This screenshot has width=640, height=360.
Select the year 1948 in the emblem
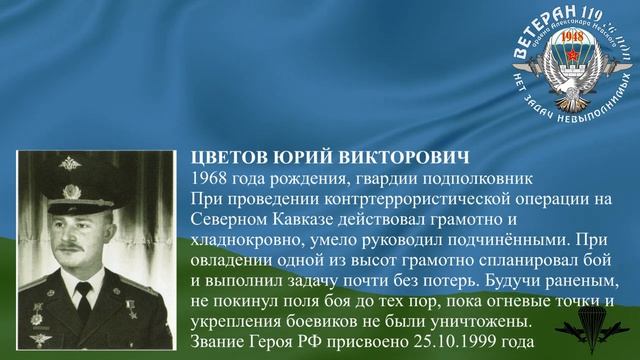click(x=573, y=36)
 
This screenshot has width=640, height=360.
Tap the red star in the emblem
click(x=573, y=54)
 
